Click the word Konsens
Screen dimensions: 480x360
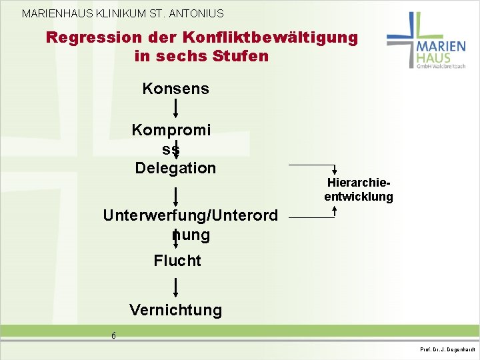click(x=175, y=89)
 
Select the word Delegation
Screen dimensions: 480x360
click(x=175, y=168)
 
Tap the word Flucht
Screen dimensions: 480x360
click(x=177, y=261)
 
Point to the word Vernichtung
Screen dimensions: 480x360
click(x=176, y=310)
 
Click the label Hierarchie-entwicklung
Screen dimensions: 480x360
click(x=359, y=190)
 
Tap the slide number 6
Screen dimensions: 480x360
click(x=113, y=336)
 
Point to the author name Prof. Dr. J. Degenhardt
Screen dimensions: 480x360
click(x=447, y=349)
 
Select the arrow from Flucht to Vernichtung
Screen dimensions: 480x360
click(x=175, y=287)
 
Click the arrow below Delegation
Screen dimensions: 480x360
click(x=175, y=196)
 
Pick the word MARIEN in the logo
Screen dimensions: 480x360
click(x=441, y=47)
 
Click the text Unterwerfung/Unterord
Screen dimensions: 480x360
click(x=190, y=215)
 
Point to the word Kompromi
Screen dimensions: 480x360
click(x=171, y=129)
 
